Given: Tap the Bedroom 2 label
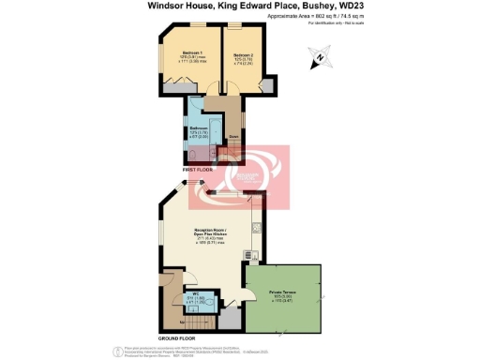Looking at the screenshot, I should (x=242, y=55).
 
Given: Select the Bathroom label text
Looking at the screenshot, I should (x=199, y=127).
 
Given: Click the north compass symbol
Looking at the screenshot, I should (x=319, y=59).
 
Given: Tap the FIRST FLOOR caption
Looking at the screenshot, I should (x=187, y=170).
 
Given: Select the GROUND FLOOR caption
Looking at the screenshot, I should (x=175, y=337).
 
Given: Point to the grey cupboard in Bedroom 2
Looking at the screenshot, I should (x=266, y=85).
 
